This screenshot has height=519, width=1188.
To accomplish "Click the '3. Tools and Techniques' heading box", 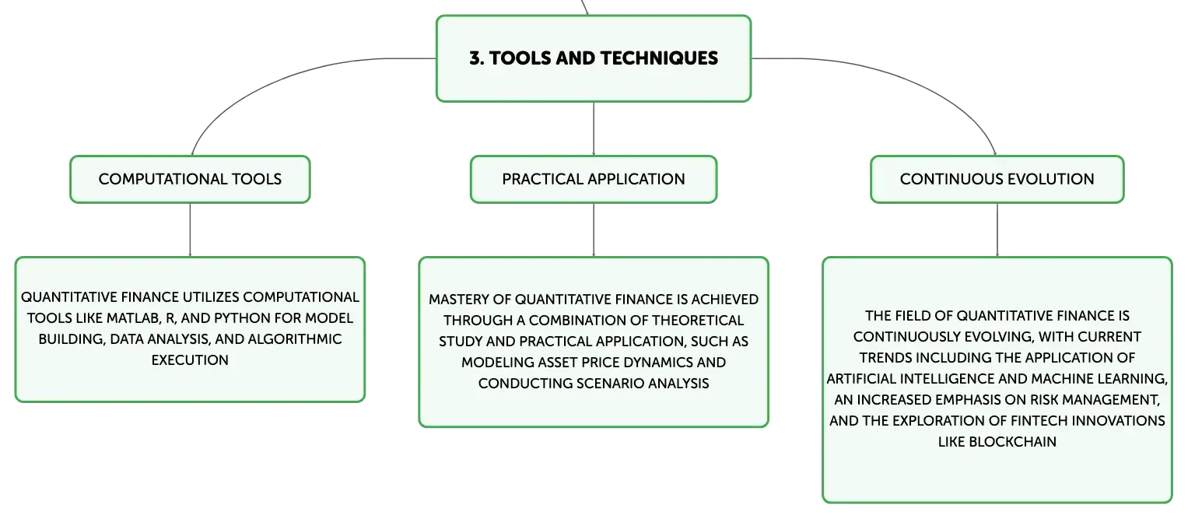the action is coord(594,58).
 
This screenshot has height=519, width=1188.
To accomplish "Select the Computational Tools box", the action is coord(190,179).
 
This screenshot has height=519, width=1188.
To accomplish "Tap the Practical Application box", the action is coord(594,179).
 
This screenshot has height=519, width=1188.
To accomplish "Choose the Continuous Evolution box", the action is coord(997,179).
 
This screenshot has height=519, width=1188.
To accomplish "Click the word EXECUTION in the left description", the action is coord(190,359).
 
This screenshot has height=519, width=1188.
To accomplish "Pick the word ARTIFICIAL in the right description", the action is coord(861,379).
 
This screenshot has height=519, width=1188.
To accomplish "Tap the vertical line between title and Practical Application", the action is coord(594,128).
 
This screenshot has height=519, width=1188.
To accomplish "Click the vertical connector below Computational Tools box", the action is coord(190,230).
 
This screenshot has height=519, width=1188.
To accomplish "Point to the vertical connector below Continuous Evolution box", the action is coord(997,230).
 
